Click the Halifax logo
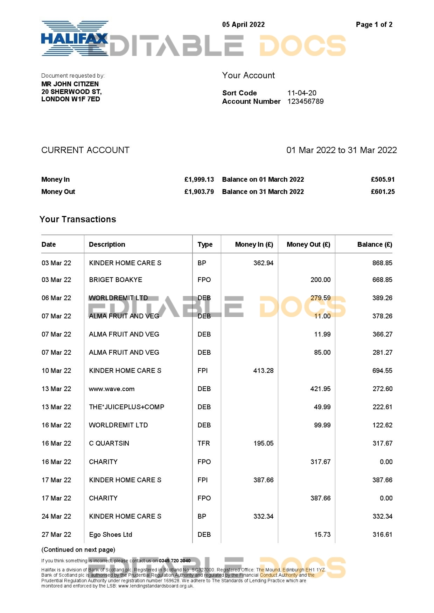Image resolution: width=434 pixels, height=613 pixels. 75,38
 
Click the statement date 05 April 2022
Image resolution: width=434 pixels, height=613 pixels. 243,24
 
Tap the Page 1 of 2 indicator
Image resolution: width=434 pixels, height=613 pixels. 374,24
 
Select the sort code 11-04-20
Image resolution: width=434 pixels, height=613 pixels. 302,93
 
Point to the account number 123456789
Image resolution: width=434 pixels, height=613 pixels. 305,101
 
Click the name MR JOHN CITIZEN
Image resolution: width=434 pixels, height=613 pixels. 70,84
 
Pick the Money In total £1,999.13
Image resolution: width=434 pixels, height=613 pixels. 199,179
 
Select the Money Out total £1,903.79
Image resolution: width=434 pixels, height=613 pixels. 199,192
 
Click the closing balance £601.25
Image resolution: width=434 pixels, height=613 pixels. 383,192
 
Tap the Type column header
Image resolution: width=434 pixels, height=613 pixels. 205,244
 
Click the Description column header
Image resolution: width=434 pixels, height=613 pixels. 107,244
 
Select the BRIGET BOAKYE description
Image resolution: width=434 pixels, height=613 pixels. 115,280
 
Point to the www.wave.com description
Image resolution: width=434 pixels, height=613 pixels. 112,389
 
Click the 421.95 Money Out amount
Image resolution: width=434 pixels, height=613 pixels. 320,389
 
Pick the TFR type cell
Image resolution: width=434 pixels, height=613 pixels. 204,443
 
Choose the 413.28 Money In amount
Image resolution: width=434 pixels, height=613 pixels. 263,370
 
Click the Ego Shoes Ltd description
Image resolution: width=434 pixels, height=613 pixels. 111,534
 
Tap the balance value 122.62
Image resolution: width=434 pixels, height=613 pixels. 382,425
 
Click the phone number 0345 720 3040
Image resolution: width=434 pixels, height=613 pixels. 175,561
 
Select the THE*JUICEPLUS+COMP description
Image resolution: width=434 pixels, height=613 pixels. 126,407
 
